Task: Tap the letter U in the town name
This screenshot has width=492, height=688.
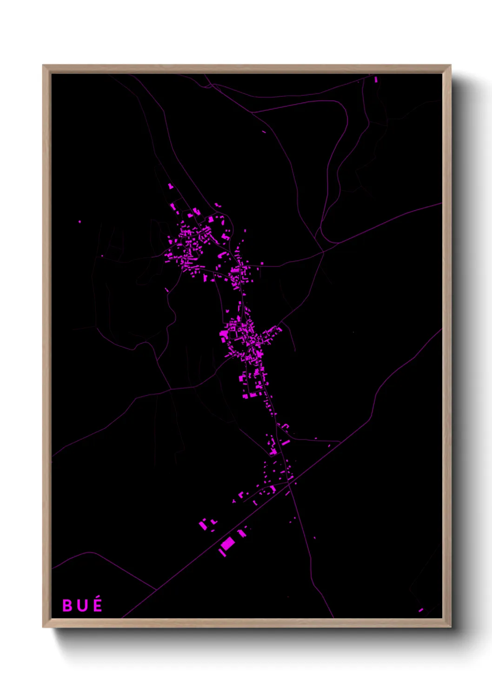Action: click(x=82, y=606)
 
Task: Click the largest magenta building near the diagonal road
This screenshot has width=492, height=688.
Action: click(x=228, y=543)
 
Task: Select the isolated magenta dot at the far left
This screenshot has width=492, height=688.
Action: click(x=80, y=222)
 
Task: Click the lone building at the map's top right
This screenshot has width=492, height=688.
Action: click(x=376, y=79)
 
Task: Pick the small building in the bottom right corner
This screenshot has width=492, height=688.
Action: click(x=420, y=610)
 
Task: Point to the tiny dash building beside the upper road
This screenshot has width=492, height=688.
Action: click(x=264, y=132)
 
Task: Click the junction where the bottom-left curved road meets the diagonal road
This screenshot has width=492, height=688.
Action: click(x=156, y=589)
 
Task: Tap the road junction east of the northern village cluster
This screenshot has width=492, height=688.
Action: click(x=323, y=252)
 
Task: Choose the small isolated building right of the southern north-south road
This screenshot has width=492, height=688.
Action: click(x=314, y=538)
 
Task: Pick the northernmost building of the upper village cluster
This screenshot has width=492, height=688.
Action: click(x=170, y=186)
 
